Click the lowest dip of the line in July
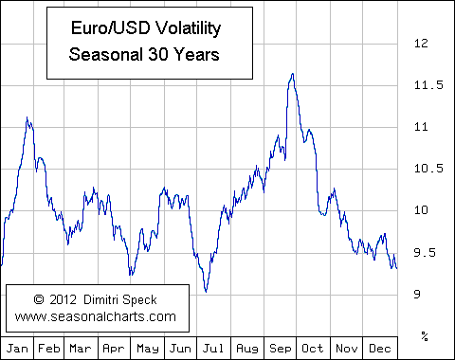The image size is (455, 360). tap(206, 292)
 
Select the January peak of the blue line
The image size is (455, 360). tap(27, 117)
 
